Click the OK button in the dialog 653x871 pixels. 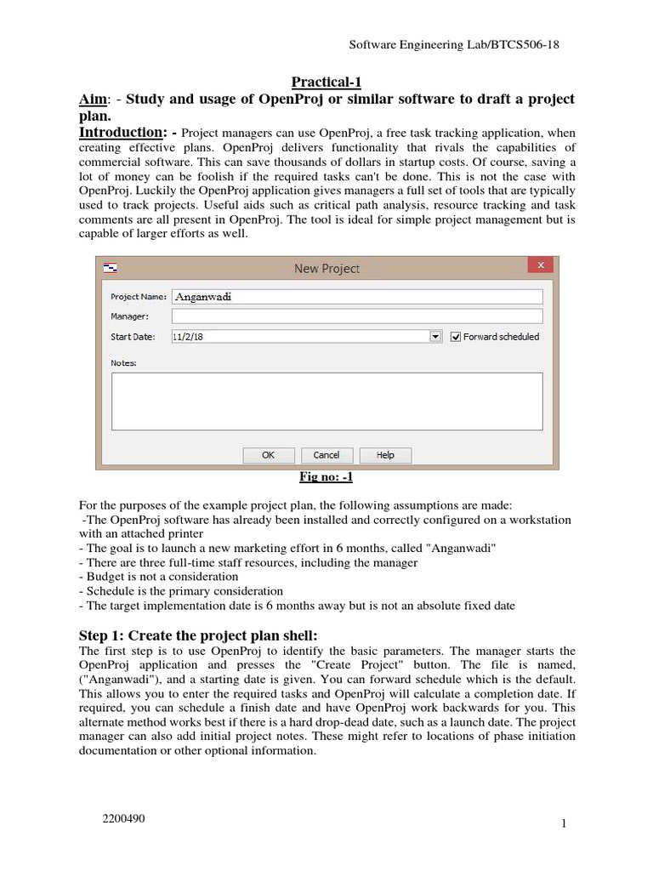(268, 455)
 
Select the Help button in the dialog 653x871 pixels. (385, 455)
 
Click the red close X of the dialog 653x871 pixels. (540, 266)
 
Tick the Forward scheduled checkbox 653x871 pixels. (456, 337)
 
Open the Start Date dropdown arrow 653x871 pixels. (435, 337)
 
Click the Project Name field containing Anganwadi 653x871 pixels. (357, 297)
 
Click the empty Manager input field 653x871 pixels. (357, 316)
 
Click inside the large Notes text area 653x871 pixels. (326, 401)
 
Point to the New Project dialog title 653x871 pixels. (326, 268)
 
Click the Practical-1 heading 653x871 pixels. (326, 82)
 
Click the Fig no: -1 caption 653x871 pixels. (326, 477)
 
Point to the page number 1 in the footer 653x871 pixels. (563, 823)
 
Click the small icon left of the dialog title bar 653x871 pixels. (111, 268)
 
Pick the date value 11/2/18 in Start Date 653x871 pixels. (188, 337)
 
